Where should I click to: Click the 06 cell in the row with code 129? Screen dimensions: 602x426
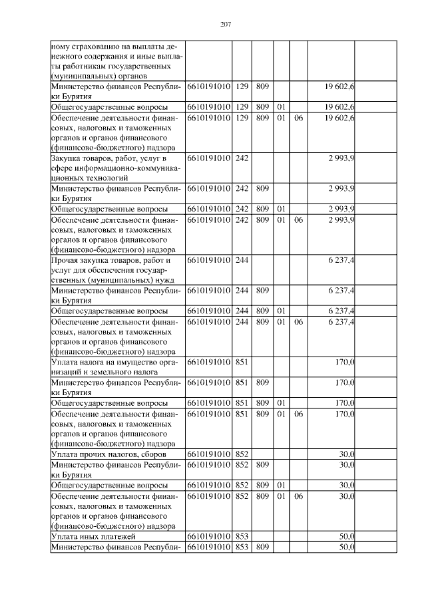point(298,118)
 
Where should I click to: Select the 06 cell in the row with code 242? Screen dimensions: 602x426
point(298,220)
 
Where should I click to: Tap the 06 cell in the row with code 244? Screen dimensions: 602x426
point(298,322)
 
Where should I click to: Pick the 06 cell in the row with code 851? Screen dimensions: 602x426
point(298,414)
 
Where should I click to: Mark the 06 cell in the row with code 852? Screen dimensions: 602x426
point(298,496)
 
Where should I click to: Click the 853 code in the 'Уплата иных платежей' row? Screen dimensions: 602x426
point(242,535)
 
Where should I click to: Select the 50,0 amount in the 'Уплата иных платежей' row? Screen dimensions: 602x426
point(346,535)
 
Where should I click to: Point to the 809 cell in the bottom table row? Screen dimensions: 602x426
point(262,547)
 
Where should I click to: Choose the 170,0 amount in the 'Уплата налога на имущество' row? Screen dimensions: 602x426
point(344,363)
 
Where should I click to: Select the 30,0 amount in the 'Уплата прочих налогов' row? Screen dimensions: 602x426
point(346,454)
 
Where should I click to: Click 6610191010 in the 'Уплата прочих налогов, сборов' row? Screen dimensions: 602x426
point(209,454)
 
